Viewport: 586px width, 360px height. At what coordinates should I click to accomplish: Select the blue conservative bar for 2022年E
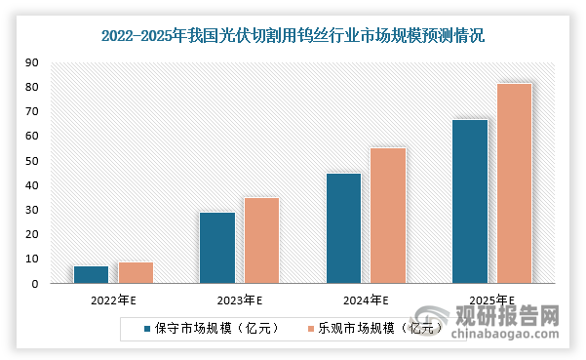(91, 275)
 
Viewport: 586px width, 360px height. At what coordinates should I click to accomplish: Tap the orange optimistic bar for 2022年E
(136, 273)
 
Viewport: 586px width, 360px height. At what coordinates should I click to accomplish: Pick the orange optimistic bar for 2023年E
(261, 241)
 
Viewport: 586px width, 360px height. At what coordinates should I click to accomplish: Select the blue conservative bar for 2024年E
(343, 228)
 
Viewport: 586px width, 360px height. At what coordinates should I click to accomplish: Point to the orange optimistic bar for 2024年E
(388, 216)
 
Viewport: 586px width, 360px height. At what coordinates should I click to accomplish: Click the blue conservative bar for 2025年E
(469, 202)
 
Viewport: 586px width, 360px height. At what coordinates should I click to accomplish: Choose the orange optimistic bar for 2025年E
(514, 183)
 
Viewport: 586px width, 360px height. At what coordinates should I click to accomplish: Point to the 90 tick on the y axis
(31, 62)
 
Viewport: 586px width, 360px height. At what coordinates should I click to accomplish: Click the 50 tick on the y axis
(31, 161)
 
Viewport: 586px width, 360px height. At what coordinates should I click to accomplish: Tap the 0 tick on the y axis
(34, 284)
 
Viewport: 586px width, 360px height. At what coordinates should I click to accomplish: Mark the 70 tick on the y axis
(31, 112)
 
